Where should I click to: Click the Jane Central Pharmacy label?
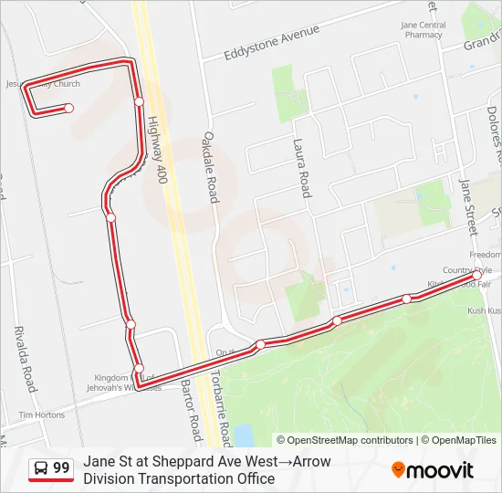tap(424, 30)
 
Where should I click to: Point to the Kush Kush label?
tap(484, 311)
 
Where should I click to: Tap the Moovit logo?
tap(433, 470)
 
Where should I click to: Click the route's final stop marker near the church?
tap(68, 108)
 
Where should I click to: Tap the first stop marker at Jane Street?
tap(476, 275)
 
